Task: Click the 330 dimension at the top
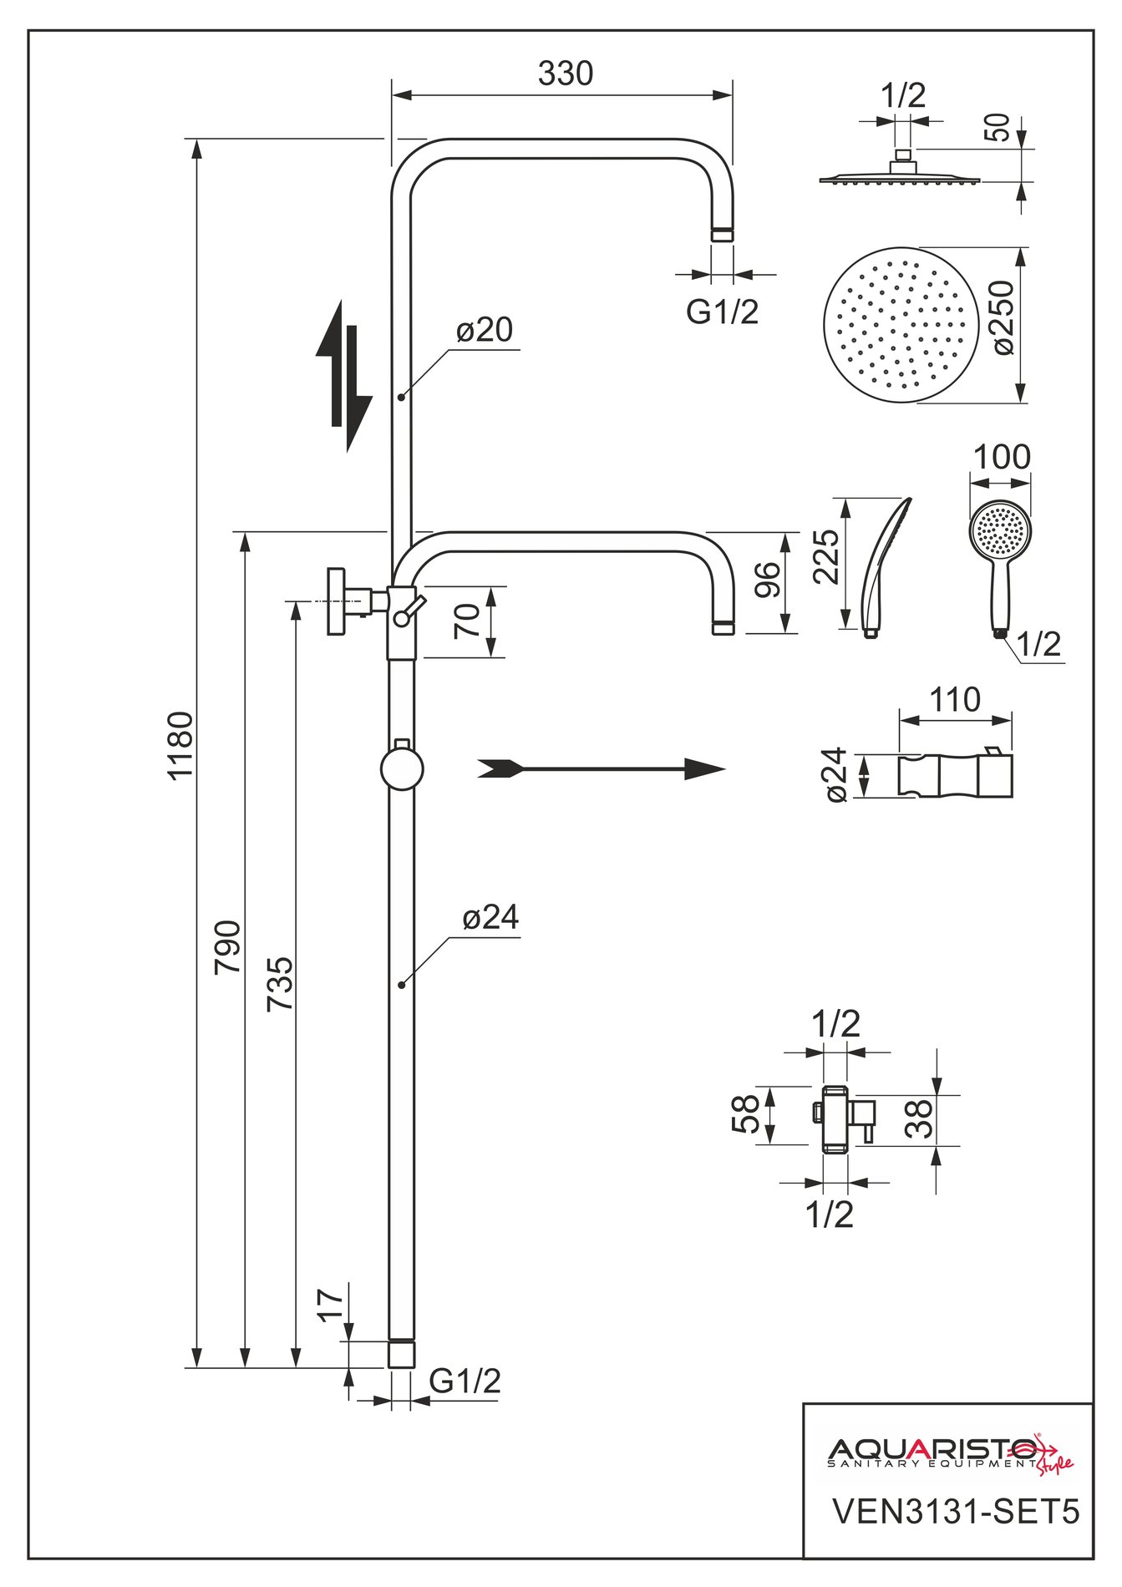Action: [566, 74]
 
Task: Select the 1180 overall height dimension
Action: [180, 745]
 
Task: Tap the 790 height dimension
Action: [228, 946]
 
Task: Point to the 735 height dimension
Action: [280, 985]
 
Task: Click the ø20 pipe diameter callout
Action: [485, 330]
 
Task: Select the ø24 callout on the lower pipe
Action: [490, 918]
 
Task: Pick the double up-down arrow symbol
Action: [343, 376]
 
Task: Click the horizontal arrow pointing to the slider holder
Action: [601, 769]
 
